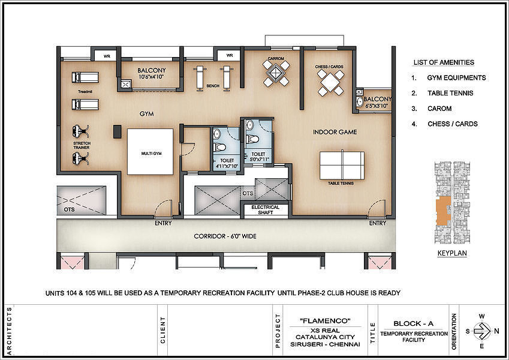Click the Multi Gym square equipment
pos(150,152)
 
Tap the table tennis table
pos(342,166)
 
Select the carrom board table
pos(276,73)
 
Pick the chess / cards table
pos(330,83)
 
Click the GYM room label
pos(147,114)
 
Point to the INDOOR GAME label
pos(335,132)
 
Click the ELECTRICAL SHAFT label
pos(265,209)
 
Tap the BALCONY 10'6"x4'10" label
pos(152,73)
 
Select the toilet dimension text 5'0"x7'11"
pos(258,160)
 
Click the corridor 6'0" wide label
pos(225,236)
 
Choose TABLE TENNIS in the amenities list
pos(450,93)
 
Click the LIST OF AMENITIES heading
pos(444,62)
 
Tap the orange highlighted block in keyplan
pos(443,211)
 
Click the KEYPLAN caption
pos(452,253)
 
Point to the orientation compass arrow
pos(483,331)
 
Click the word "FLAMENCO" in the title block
pos(326,321)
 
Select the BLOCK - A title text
pos(414,323)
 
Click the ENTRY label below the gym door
pos(163,223)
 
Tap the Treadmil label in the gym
pos(85,92)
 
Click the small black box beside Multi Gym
pos(117,131)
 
